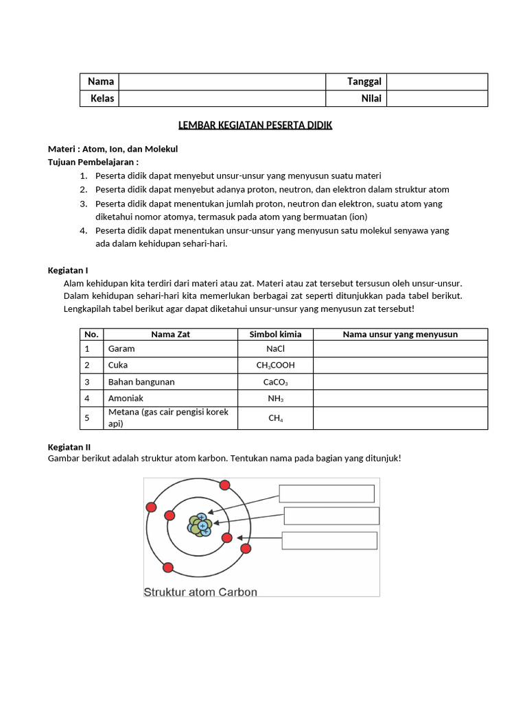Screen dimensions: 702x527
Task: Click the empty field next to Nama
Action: coord(222,82)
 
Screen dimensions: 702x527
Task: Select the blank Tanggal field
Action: coord(437,82)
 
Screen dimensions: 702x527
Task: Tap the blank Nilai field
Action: coord(437,99)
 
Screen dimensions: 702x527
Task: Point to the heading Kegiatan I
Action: coord(68,271)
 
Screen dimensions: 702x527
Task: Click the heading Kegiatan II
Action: coord(69,447)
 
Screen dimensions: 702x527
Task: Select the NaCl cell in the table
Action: coord(274,348)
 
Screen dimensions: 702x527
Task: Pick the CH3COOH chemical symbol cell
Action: coord(274,365)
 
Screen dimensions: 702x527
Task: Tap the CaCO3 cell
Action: coord(274,382)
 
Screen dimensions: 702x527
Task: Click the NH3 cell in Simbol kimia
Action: coord(274,398)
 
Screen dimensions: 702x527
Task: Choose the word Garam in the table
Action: coord(121,348)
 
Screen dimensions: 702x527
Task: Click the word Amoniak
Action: coord(126,398)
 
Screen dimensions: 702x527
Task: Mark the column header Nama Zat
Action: coord(169,335)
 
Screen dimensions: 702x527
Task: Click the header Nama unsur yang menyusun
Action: coord(400,335)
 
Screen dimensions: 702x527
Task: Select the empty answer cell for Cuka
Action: coord(400,365)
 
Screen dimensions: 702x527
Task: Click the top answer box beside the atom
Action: coord(327,494)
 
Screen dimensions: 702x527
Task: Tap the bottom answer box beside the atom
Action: coord(330,540)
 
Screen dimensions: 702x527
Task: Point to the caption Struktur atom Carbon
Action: coord(200,592)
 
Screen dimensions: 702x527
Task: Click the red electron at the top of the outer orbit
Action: coord(224,485)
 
